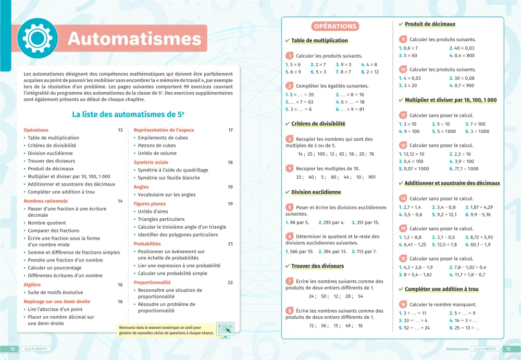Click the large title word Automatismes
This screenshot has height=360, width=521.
coord(134,39)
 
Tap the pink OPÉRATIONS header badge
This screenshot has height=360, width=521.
coord(336,26)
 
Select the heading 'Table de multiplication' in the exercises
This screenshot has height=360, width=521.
coord(319,41)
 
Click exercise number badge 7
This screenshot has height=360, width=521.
coord(290,281)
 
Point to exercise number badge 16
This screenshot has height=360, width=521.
coord(403,304)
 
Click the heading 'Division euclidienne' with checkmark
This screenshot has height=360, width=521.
coord(316,192)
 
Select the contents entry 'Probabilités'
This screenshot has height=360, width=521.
coord(147,244)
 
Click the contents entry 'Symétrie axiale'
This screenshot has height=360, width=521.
coord(151,163)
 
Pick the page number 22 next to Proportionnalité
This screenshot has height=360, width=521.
coord(230,282)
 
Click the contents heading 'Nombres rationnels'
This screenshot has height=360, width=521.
coord(46,201)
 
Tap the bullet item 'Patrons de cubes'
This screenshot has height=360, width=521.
coord(157,146)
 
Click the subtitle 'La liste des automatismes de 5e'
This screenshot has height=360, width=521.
coord(128,114)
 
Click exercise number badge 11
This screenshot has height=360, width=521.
coord(403,115)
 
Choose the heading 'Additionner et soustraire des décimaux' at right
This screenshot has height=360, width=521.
coord(452,183)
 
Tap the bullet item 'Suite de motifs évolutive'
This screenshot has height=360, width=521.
coord(55,293)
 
